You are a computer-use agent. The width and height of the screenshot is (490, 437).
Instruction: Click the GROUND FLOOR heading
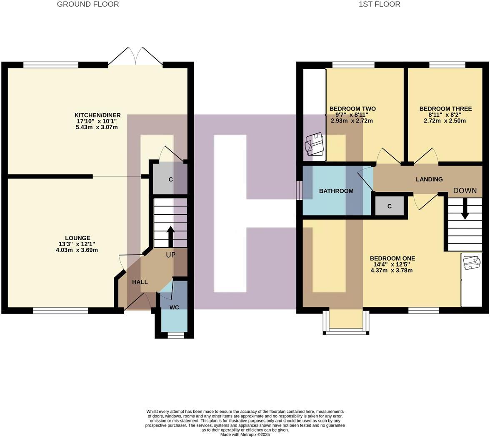[x=88, y=4]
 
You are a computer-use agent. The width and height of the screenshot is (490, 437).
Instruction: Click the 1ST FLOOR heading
[x=379, y=4]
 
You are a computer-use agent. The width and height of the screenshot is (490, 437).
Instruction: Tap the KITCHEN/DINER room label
[x=97, y=115]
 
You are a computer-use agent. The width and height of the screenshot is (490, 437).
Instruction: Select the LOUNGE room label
[x=77, y=238]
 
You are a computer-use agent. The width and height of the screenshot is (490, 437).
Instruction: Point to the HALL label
[x=140, y=282]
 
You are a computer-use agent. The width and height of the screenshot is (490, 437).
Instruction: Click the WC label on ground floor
[x=174, y=307]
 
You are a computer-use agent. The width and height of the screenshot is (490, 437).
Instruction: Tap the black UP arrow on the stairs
[x=170, y=236]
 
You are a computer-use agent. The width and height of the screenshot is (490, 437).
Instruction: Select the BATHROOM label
[x=336, y=191]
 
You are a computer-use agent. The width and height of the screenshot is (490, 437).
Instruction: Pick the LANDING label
[x=429, y=179]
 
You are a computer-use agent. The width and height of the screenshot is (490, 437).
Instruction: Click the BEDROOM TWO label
[x=352, y=109]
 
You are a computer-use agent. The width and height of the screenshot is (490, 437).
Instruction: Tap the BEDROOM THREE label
[x=445, y=109]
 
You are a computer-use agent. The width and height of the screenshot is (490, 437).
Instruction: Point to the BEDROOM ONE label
[x=392, y=259]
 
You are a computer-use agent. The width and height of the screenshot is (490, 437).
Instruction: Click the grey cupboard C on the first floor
[x=390, y=206]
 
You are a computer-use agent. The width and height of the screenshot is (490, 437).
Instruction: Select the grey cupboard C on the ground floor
[x=170, y=180]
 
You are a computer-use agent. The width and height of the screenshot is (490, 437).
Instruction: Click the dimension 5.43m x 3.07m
[x=97, y=127]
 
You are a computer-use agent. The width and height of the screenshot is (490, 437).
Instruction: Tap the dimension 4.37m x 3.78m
[x=392, y=270]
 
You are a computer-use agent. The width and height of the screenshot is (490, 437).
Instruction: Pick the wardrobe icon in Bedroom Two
[x=315, y=144]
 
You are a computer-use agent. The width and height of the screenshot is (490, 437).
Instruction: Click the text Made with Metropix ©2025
[x=245, y=434]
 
